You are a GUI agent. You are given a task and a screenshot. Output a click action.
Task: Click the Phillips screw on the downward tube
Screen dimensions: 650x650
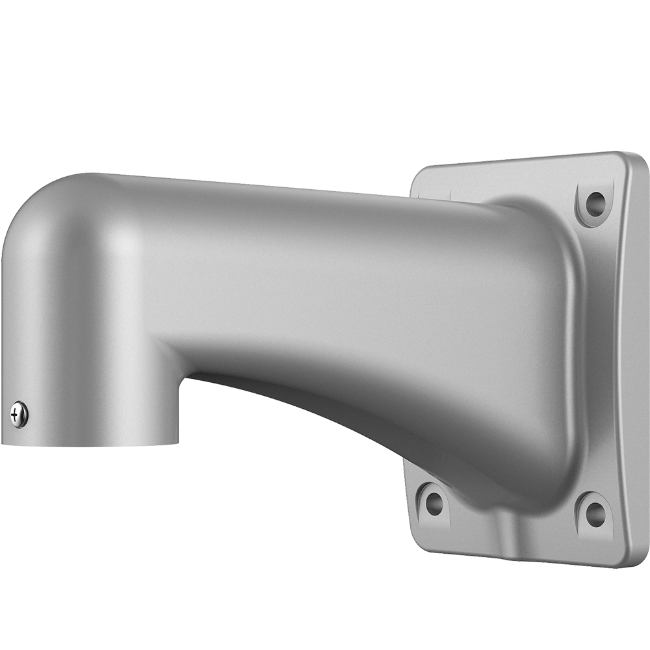click(19, 414)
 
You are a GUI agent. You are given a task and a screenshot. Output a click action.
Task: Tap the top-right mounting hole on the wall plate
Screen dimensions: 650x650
click(595, 204)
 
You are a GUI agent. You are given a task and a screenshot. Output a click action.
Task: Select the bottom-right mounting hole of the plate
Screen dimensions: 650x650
click(595, 514)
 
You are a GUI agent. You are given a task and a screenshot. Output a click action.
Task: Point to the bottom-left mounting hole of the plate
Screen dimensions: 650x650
click(434, 503)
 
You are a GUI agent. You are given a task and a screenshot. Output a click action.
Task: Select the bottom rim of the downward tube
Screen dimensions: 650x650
click(91, 444)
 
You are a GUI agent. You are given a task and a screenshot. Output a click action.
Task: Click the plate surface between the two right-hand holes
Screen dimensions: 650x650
click(601, 357)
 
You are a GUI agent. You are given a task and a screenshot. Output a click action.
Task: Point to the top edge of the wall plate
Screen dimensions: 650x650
click(520, 158)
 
